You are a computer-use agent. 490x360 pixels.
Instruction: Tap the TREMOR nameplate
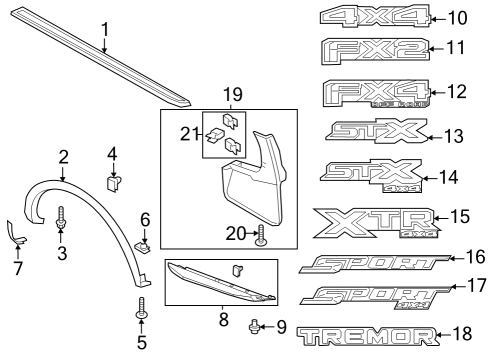[367, 337]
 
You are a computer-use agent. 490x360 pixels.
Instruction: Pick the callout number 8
[222, 322]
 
